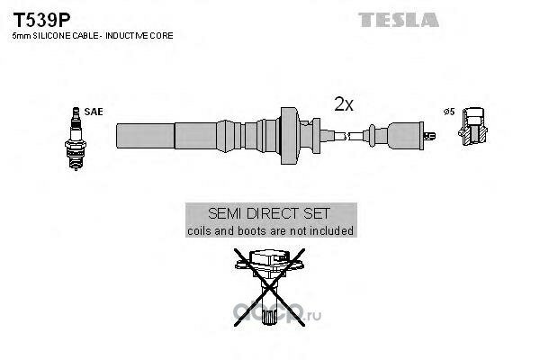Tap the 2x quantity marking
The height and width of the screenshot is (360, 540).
(x=344, y=104)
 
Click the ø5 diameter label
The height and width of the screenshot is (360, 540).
(x=448, y=112)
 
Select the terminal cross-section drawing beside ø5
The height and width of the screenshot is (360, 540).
(x=475, y=127)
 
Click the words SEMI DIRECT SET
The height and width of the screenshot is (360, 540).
(x=270, y=214)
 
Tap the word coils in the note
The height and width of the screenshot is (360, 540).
(x=199, y=230)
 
